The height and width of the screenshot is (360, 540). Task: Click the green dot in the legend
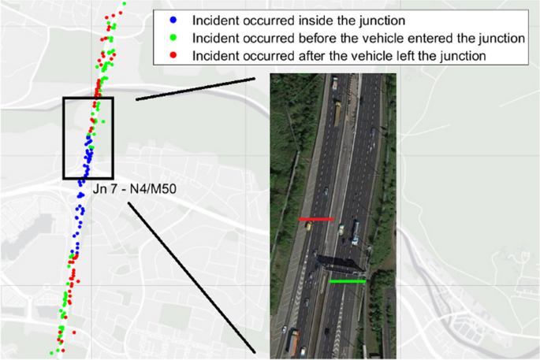[173, 38]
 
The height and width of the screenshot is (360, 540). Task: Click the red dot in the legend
[173, 56]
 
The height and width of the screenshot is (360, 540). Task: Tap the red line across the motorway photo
[315, 219]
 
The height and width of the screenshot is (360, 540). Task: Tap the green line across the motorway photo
[348, 280]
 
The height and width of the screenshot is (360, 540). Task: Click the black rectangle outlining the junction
[64, 138]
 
